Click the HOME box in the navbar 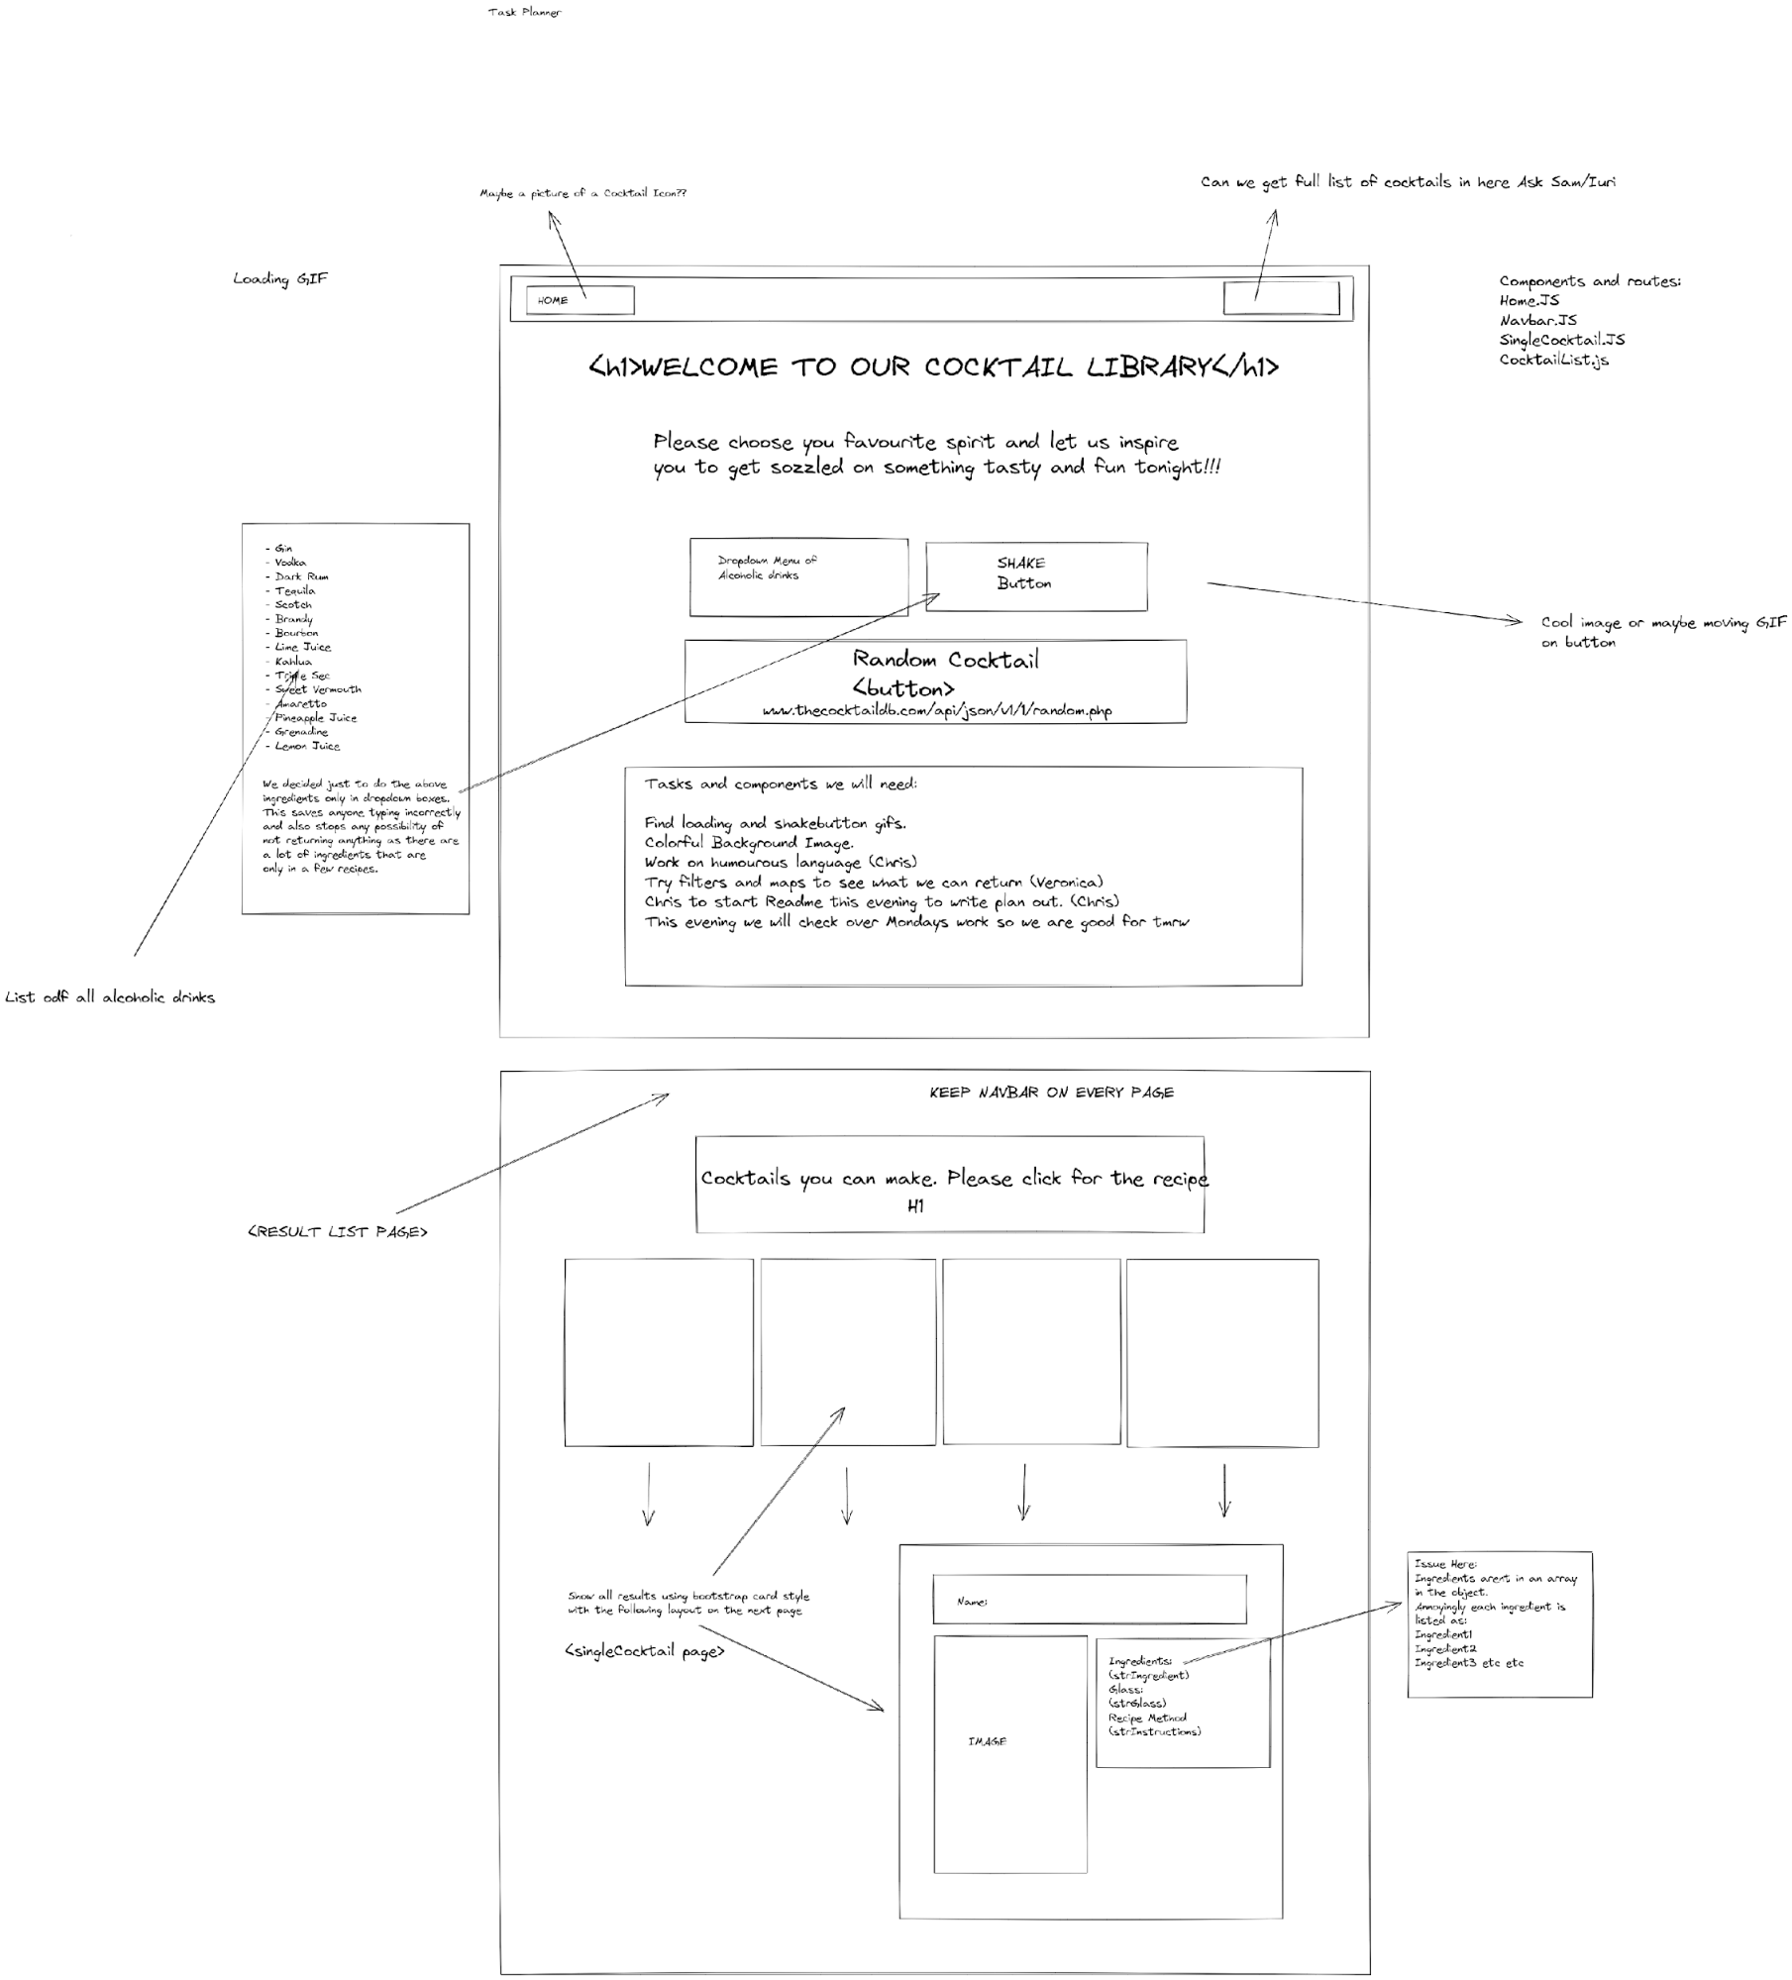point(580,300)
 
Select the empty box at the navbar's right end point(1281,298)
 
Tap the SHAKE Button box point(1035,575)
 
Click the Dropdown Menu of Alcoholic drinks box point(798,577)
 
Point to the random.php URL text point(936,711)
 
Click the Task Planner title point(524,12)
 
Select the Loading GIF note point(279,278)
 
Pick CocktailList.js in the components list point(1553,360)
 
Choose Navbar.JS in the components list point(1537,320)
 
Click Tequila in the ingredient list point(294,590)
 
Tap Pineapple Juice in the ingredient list point(315,718)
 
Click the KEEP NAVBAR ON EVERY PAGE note point(1051,1093)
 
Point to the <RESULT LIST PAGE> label point(337,1232)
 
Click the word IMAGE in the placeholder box point(987,1741)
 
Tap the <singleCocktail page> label point(644,1651)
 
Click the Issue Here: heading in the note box point(1444,1564)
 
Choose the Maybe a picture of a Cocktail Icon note point(582,193)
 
